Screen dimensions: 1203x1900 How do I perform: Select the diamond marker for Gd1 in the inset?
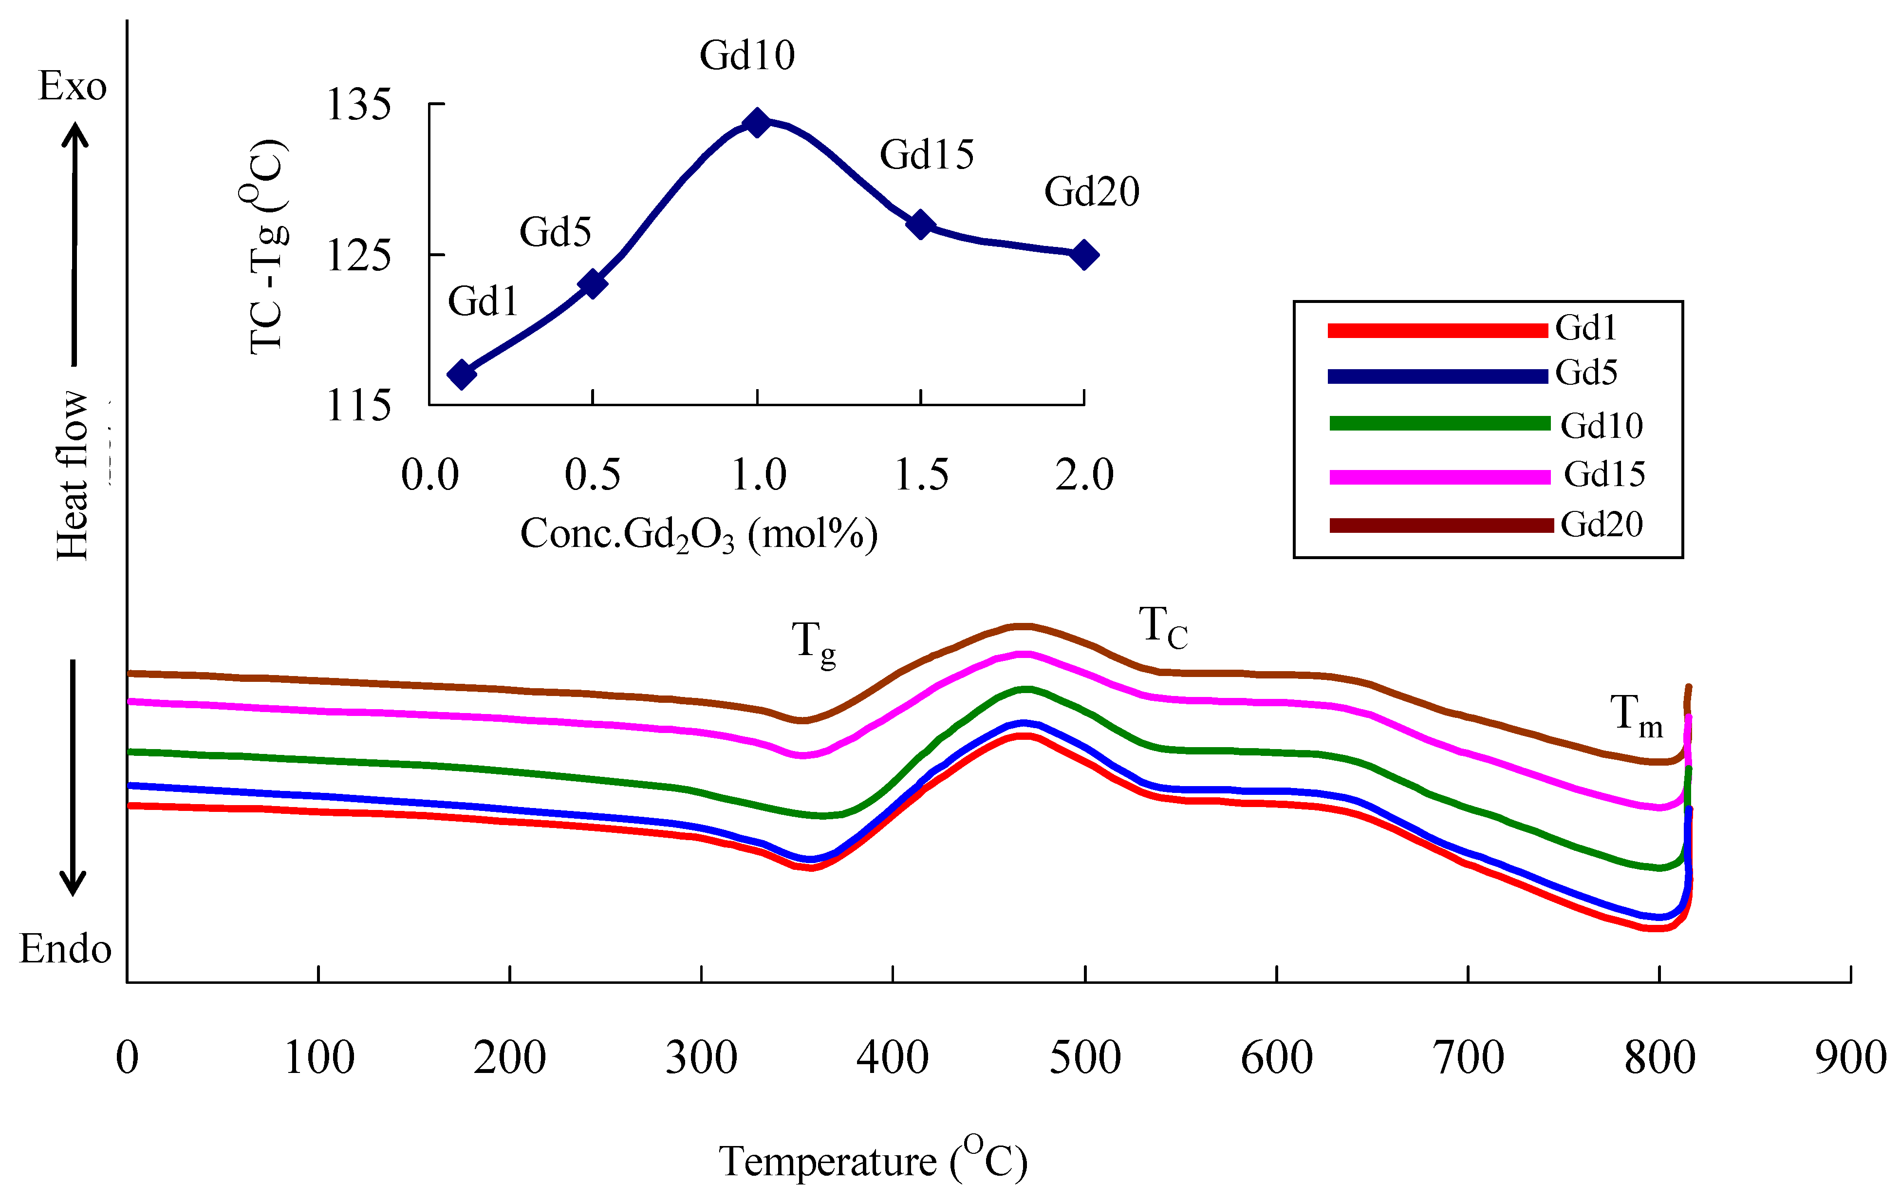point(462,374)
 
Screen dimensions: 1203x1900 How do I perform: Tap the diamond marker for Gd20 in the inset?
point(1084,255)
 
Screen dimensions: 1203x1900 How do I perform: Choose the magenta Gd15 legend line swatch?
point(1439,477)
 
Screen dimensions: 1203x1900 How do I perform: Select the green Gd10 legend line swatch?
point(1439,424)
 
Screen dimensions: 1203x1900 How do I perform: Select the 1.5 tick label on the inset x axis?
point(921,475)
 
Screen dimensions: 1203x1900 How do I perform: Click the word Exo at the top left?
point(73,86)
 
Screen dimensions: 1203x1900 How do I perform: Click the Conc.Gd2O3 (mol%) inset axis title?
point(698,535)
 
